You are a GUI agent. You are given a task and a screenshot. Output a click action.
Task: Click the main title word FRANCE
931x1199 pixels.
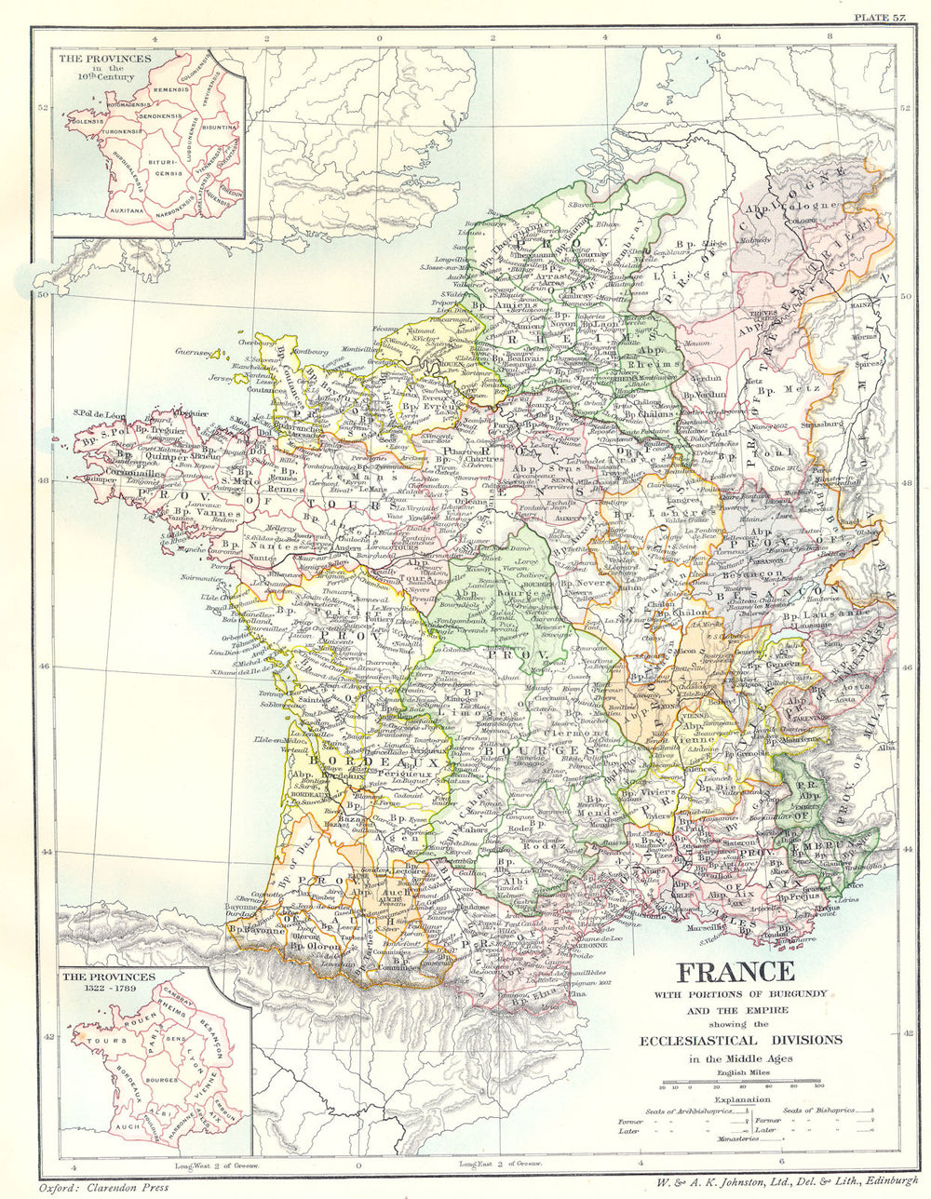[735, 973]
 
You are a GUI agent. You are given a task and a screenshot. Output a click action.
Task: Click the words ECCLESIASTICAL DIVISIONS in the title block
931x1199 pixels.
[736, 1040]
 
